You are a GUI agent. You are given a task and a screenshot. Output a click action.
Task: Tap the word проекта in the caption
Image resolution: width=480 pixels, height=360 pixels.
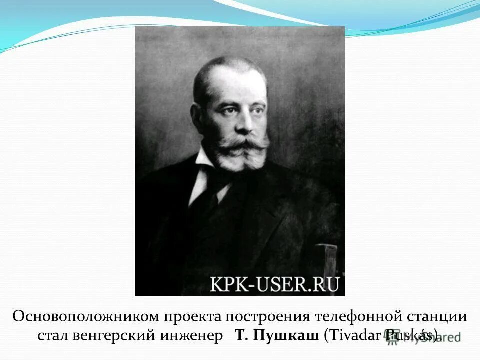click(x=192, y=317)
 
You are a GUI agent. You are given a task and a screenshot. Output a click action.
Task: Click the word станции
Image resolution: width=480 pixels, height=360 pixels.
click(x=438, y=317)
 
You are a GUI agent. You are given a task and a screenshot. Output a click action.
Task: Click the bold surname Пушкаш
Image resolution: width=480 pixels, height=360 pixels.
click(x=286, y=335)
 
